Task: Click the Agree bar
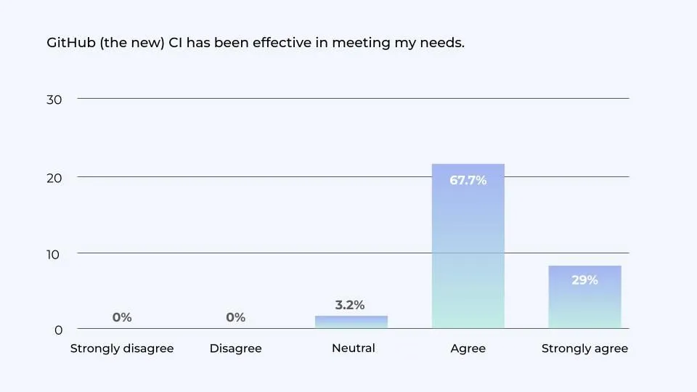468,247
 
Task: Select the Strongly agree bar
584,298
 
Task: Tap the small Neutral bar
351,322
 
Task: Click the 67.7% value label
468,181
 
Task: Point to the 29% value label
584,280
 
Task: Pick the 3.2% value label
350,306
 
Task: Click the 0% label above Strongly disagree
122,318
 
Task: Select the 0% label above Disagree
235,318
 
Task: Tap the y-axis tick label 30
54,99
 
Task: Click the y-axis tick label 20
54,178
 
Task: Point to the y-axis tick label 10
54,254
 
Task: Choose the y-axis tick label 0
58,330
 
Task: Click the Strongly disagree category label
122,349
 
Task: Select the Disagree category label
235,349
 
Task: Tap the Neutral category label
353,348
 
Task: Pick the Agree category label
468,349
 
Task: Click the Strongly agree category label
584,349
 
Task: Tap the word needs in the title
441,44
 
